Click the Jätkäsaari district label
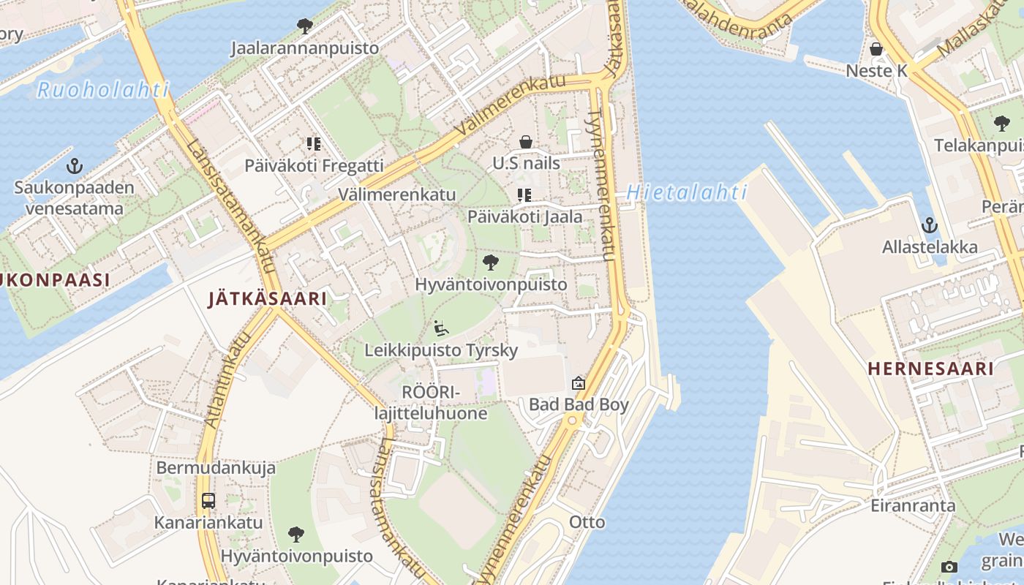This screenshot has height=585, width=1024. [x=267, y=298]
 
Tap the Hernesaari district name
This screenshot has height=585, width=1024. [x=930, y=369]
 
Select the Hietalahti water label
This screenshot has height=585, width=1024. [x=686, y=193]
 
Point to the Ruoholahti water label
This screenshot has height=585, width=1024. [x=103, y=91]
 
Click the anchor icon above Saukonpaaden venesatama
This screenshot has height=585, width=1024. [x=73, y=166]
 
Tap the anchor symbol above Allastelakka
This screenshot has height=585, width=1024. [x=930, y=224]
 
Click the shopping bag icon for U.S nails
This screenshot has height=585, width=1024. [x=525, y=142]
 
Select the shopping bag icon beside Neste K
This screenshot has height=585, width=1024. [x=876, y=50]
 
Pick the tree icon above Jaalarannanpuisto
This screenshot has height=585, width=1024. [x=305, y=27]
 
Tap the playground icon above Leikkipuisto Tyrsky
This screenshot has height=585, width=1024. [x=441, y=328]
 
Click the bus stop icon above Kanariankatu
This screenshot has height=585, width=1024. [x=208, y=501]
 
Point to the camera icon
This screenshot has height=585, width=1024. [x=949, y=567]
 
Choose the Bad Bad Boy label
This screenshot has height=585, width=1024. [x=579, y=404]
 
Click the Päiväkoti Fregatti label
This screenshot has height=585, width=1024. [x=314, y=166]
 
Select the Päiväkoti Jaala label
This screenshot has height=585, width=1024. [x=525, y=216]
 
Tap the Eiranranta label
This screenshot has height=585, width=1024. [x=913, y=505]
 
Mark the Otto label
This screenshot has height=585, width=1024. [x=587, y=521]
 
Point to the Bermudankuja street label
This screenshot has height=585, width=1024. [x=206, y=468]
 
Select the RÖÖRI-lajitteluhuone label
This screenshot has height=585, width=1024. [x=430, y=403]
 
